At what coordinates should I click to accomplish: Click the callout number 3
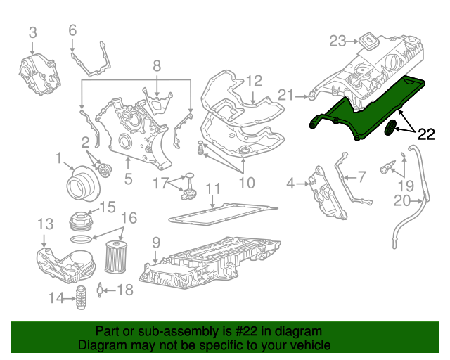point(32,32)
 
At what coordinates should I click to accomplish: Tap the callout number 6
point(72,30)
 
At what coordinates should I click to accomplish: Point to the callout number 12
point(253,80)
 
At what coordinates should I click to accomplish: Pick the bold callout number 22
point(427,133)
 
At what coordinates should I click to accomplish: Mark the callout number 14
point(56,298)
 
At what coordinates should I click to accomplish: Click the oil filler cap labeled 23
point(368,39)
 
